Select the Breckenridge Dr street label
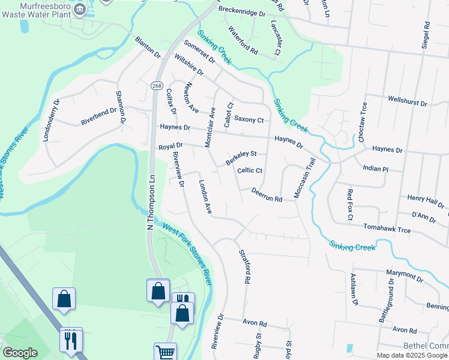click(x=241, y=12)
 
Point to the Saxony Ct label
click(x=249, y=120)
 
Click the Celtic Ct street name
click(x=250, y=171)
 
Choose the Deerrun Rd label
click(x=267, y=194)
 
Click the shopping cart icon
click(x=165, y=352)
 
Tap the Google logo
click(x=20, y=353)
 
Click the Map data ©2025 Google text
click(x=412, y=355)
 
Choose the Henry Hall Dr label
click(x=424, y=200)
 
